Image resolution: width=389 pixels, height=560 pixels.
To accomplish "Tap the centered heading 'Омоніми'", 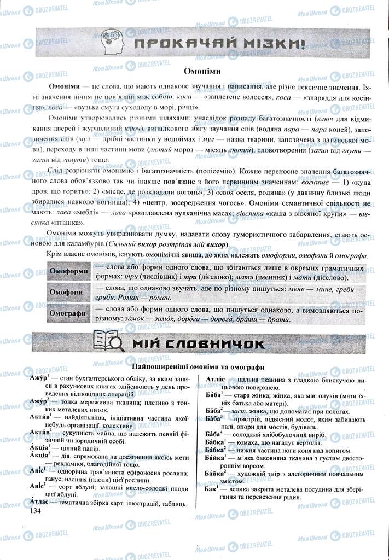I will point(194,71).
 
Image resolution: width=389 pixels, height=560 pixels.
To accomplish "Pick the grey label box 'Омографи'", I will point(68,314).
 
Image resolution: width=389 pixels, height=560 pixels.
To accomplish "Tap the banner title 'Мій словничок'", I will point(198,343).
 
